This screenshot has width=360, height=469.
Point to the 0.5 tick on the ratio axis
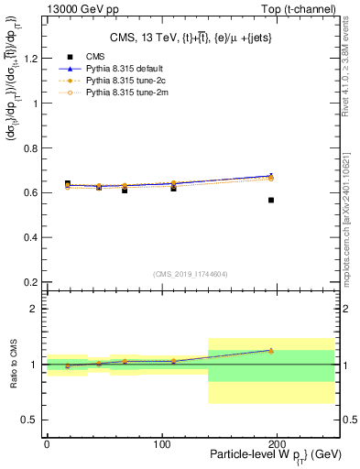32,420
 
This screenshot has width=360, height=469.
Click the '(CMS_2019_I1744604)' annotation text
190,273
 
